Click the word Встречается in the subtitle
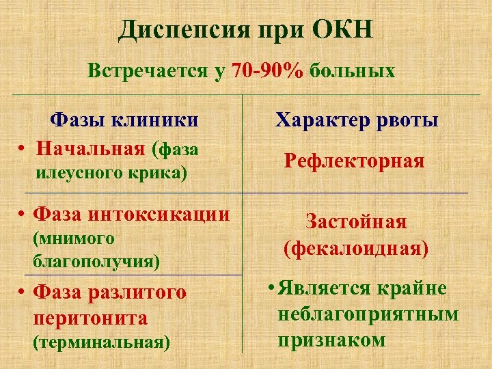point(148,70)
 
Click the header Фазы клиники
point(124,121)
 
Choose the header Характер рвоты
point(357,121)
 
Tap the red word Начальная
point(92,148)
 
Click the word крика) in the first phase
point(161,173)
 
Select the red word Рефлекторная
point(355,161)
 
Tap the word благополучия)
point(96,261)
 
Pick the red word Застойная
point(356,222)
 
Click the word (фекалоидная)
point(356,248)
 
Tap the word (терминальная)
point(102,342)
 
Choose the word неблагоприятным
point(368,314)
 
